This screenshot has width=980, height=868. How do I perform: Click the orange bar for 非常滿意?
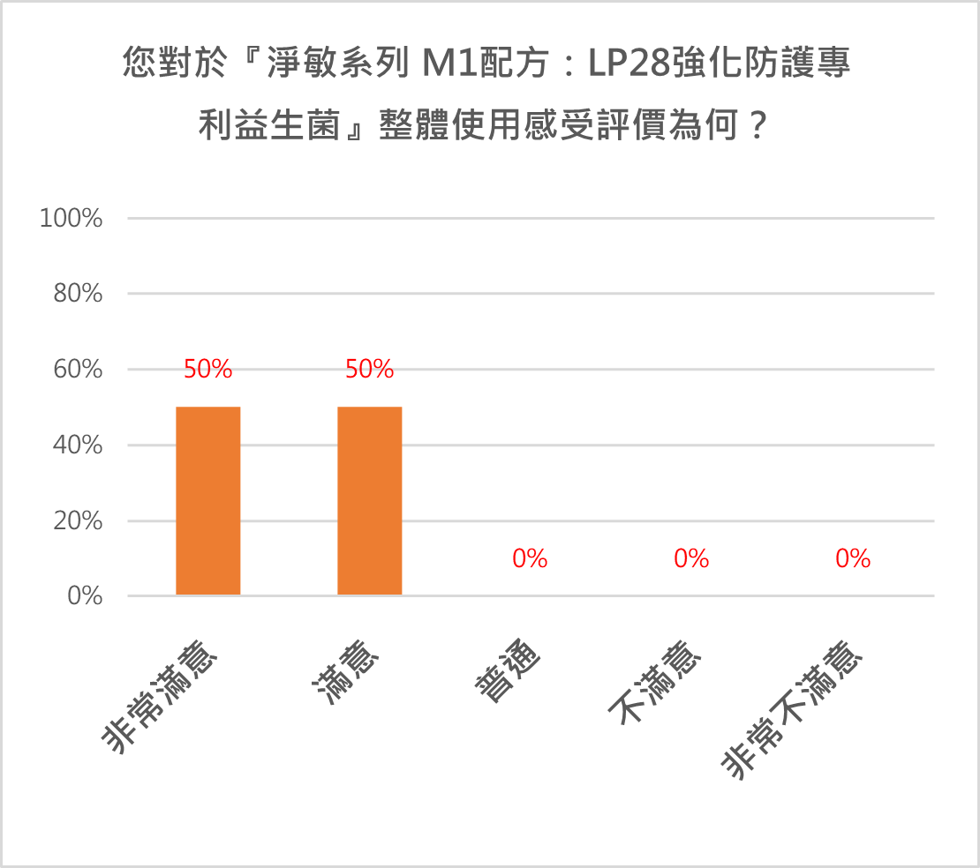(208, 500)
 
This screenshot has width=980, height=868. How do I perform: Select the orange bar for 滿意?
(370, 500)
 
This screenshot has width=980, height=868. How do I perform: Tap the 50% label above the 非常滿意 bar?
(208, 370)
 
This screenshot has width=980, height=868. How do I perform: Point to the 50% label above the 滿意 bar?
(370, 370)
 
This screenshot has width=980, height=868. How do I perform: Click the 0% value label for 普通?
(530, 558)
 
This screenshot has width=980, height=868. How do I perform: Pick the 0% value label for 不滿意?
(691, 558)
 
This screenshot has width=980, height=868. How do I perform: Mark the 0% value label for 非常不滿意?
(853, 558)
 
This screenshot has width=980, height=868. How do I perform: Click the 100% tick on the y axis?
(72, 218)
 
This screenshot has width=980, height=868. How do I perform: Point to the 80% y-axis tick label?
(78, 294)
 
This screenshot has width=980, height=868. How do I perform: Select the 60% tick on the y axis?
(78, 370)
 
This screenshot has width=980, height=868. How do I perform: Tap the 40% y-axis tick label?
(78, 445)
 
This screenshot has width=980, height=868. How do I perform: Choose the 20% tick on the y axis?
(78, 521)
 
